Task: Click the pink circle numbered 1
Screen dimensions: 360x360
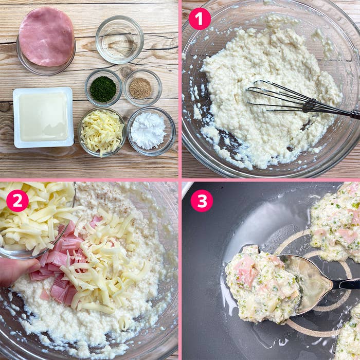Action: click(200, 19)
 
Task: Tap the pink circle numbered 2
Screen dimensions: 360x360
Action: click(17, 201)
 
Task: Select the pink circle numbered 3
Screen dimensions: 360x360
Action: click(202, 201)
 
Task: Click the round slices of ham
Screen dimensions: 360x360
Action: click(46, 37)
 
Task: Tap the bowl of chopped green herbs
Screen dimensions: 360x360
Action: click(103, 88)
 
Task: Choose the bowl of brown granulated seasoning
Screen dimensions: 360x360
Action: click(140, 88)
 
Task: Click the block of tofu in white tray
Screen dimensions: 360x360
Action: click(43, 117)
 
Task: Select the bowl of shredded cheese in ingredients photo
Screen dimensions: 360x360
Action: click(102, 131)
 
